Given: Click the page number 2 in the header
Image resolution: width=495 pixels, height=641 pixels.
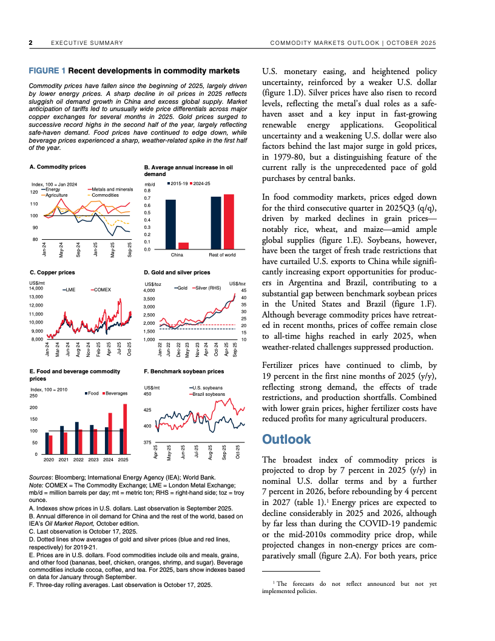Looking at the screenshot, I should (x=31, y=43).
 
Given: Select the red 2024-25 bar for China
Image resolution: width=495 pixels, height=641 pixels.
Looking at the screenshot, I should (x=183, y=245).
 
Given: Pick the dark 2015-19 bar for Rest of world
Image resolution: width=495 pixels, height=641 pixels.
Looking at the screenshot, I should (x=215, y=222).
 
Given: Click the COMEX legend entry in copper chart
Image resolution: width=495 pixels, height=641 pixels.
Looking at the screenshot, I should (x=103, y=290).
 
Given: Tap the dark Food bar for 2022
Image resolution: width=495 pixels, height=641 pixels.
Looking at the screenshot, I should (x=76, y=438).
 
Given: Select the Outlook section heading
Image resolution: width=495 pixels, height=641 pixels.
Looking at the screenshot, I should (x=286, y=439).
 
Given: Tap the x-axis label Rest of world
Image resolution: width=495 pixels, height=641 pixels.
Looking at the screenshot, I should (x=221, y=255).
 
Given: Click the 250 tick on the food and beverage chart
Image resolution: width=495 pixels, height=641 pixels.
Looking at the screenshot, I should (x=33, y=396).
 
